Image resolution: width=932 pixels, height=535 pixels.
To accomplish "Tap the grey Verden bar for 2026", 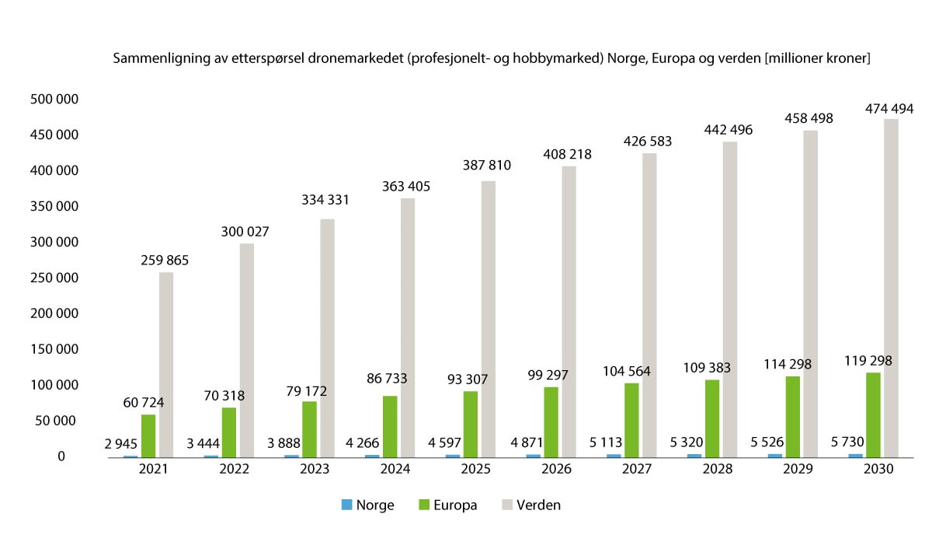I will [569, 311].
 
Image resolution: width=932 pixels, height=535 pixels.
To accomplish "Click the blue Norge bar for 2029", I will [774, 455].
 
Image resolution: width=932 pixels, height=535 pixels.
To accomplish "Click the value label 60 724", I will [148, 403].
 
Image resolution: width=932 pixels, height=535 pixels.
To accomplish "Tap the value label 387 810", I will [489, 166].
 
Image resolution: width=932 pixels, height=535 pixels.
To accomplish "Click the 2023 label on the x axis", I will [315, 470].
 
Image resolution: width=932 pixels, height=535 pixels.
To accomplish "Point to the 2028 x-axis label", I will [717, 470].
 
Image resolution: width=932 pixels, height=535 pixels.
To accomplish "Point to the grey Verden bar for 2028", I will [730, 299].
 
